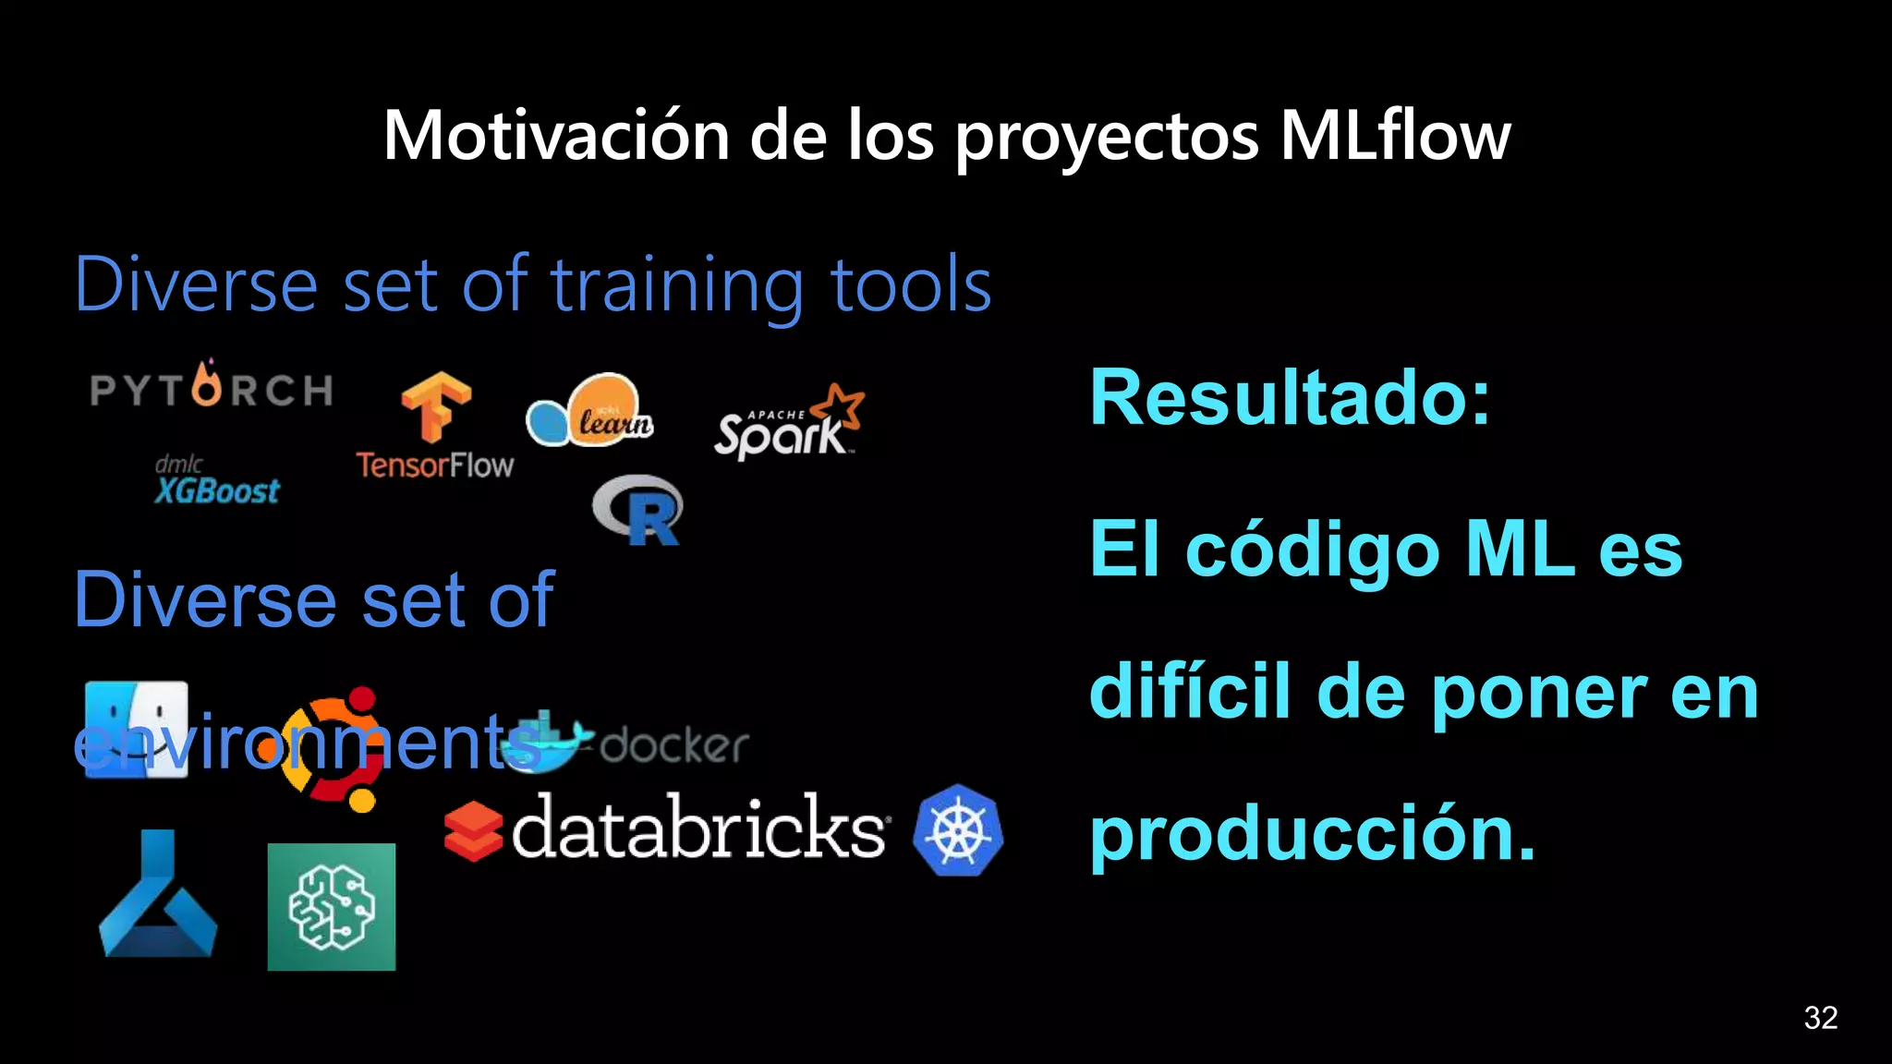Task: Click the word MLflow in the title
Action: (x=1395, y=136)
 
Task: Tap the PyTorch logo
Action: (x=212, y=387)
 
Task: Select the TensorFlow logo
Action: (x=435, y=425)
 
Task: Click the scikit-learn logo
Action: (x=590, y=412)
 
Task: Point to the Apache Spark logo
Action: (x=788, y=424)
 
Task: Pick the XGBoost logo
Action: (x=217, y=481)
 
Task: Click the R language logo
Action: (x=638, y=510)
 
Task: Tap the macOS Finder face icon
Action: (x=136, y=729)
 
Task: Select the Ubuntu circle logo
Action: (x=333, y=748)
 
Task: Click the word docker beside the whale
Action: (x=674, y=744)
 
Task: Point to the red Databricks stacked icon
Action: (x=473, y=830)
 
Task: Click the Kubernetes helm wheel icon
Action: (x=958, y=830)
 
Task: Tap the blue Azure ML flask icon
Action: (x=158, y=895)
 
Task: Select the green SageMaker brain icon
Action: (x=332, y=906)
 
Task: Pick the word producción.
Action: (x=1312, y=834)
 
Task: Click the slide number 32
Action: (x=1820, y=1017)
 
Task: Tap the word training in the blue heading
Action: (x=677, y=286)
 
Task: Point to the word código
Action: (x=1313, y=550)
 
